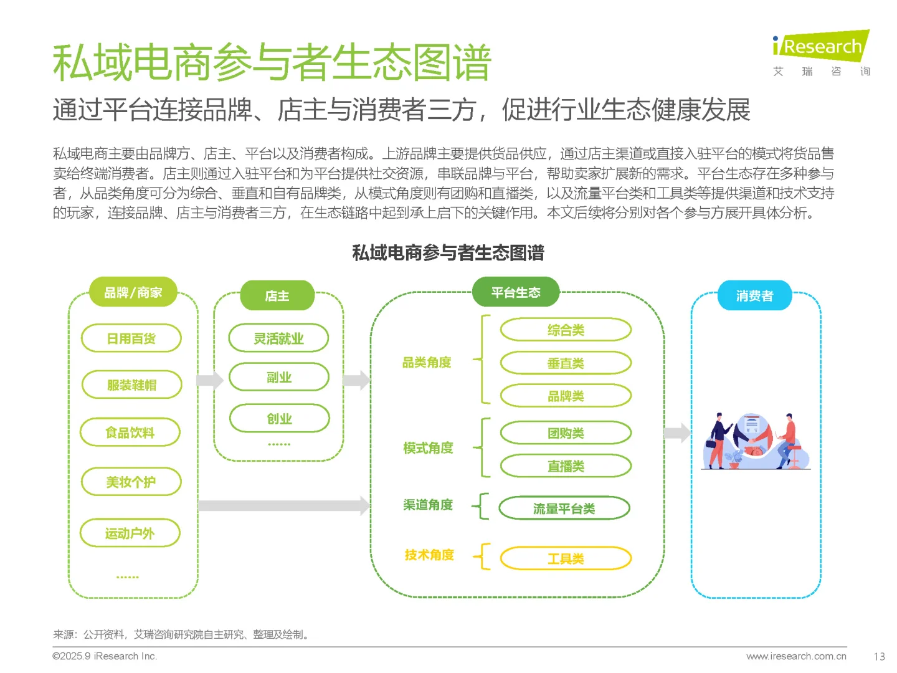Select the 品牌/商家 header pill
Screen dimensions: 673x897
(x=133, y=292)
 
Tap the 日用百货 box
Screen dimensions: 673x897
(x=131, y=338)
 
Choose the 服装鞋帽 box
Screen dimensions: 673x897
(x=131, y=384)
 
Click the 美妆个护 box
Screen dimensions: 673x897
(x=131, y=482)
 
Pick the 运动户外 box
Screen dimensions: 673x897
(x=130, y=533)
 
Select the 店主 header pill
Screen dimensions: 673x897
(x=277, y=296)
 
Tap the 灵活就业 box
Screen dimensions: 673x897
(x=278, y=338)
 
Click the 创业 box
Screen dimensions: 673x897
(x=279, y=418)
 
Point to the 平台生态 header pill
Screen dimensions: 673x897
(x=516, y=292)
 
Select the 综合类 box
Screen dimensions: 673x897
(x=566, y=330)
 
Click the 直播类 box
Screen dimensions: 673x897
(x=566, y=465)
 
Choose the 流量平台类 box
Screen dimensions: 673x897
(x=564, y=508)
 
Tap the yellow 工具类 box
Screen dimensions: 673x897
(x=566, y=558)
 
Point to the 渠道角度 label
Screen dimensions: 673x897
(x=428, y=505)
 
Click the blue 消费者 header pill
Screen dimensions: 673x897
(x=754, y=295)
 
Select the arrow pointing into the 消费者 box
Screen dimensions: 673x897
(x=677, y=432)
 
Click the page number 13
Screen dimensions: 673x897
(x=879, y=656)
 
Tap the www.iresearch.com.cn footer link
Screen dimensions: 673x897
(x=796, y=656)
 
